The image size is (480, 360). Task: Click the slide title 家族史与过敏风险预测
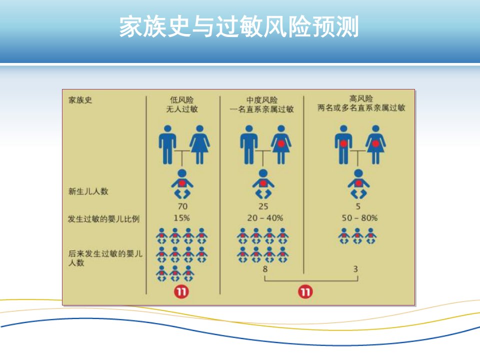[239, 27]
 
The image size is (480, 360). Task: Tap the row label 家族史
[80, 100]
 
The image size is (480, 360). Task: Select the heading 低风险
[182, 100]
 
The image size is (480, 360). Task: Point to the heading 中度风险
[261, 100]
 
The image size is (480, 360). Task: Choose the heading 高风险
[361, 98]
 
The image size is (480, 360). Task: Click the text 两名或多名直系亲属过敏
[361, 108]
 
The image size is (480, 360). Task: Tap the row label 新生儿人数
[88, 191]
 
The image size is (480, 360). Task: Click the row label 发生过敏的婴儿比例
[104, 219]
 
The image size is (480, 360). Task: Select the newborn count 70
[182, 206]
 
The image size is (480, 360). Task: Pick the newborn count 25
[263, 206]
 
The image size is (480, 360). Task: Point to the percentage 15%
[182, 218]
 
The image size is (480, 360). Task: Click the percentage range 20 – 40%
[265, 218]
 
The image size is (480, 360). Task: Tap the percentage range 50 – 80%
[359, 218]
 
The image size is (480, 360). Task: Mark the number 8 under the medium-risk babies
[265, 269]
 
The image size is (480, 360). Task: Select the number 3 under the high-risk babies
[355, 269]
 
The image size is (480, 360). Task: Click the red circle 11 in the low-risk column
[181, 291]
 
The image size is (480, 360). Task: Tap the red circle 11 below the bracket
[305, 291]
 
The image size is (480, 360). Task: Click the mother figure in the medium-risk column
[281, 144]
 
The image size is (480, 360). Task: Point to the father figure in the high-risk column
[343, 144]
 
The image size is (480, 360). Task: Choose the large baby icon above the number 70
[182, 184]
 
